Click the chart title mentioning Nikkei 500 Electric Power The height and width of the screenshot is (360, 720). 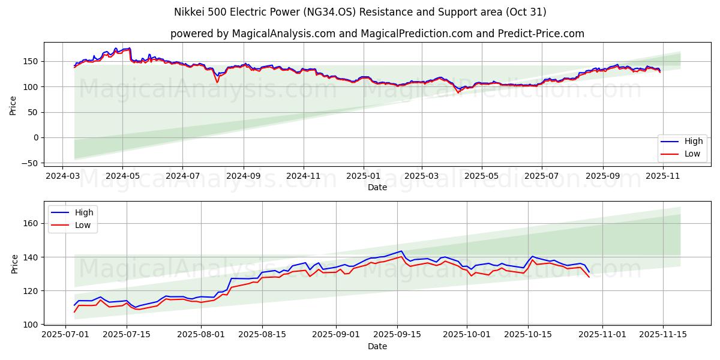click(x=360, y=12)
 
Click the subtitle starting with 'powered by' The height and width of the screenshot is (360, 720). click(x=377, y=34)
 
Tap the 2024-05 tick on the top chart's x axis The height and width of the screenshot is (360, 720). click(x=122, y=177)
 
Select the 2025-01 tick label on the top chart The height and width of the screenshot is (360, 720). click(x=363, y=177)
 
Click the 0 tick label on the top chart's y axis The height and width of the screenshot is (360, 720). click(x=36, y=137)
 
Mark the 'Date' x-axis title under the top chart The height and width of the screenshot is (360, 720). click(x=377, y=187)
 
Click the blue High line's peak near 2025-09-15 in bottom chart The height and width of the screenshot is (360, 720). click(x=401, y=251)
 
